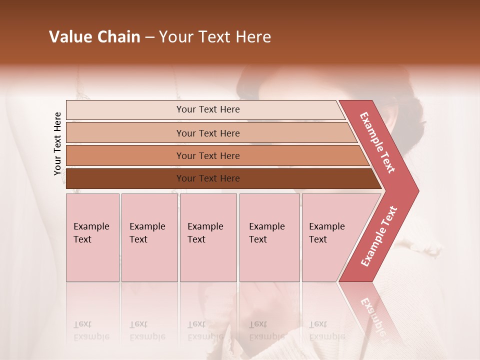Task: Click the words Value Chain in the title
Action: point(94,37)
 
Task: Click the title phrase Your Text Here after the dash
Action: point(215,37)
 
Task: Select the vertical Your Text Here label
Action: point(57,143)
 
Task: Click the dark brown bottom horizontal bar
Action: point(125,178)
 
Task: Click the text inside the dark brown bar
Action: point(208,178)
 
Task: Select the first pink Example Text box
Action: point(92,237)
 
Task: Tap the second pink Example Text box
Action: point(149,237)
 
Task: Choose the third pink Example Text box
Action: point(208,237)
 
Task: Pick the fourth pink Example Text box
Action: point(269,237)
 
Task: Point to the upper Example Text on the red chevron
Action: point(377,142)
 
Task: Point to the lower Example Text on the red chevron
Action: point(378,236)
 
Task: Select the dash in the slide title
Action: point(149,37)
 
